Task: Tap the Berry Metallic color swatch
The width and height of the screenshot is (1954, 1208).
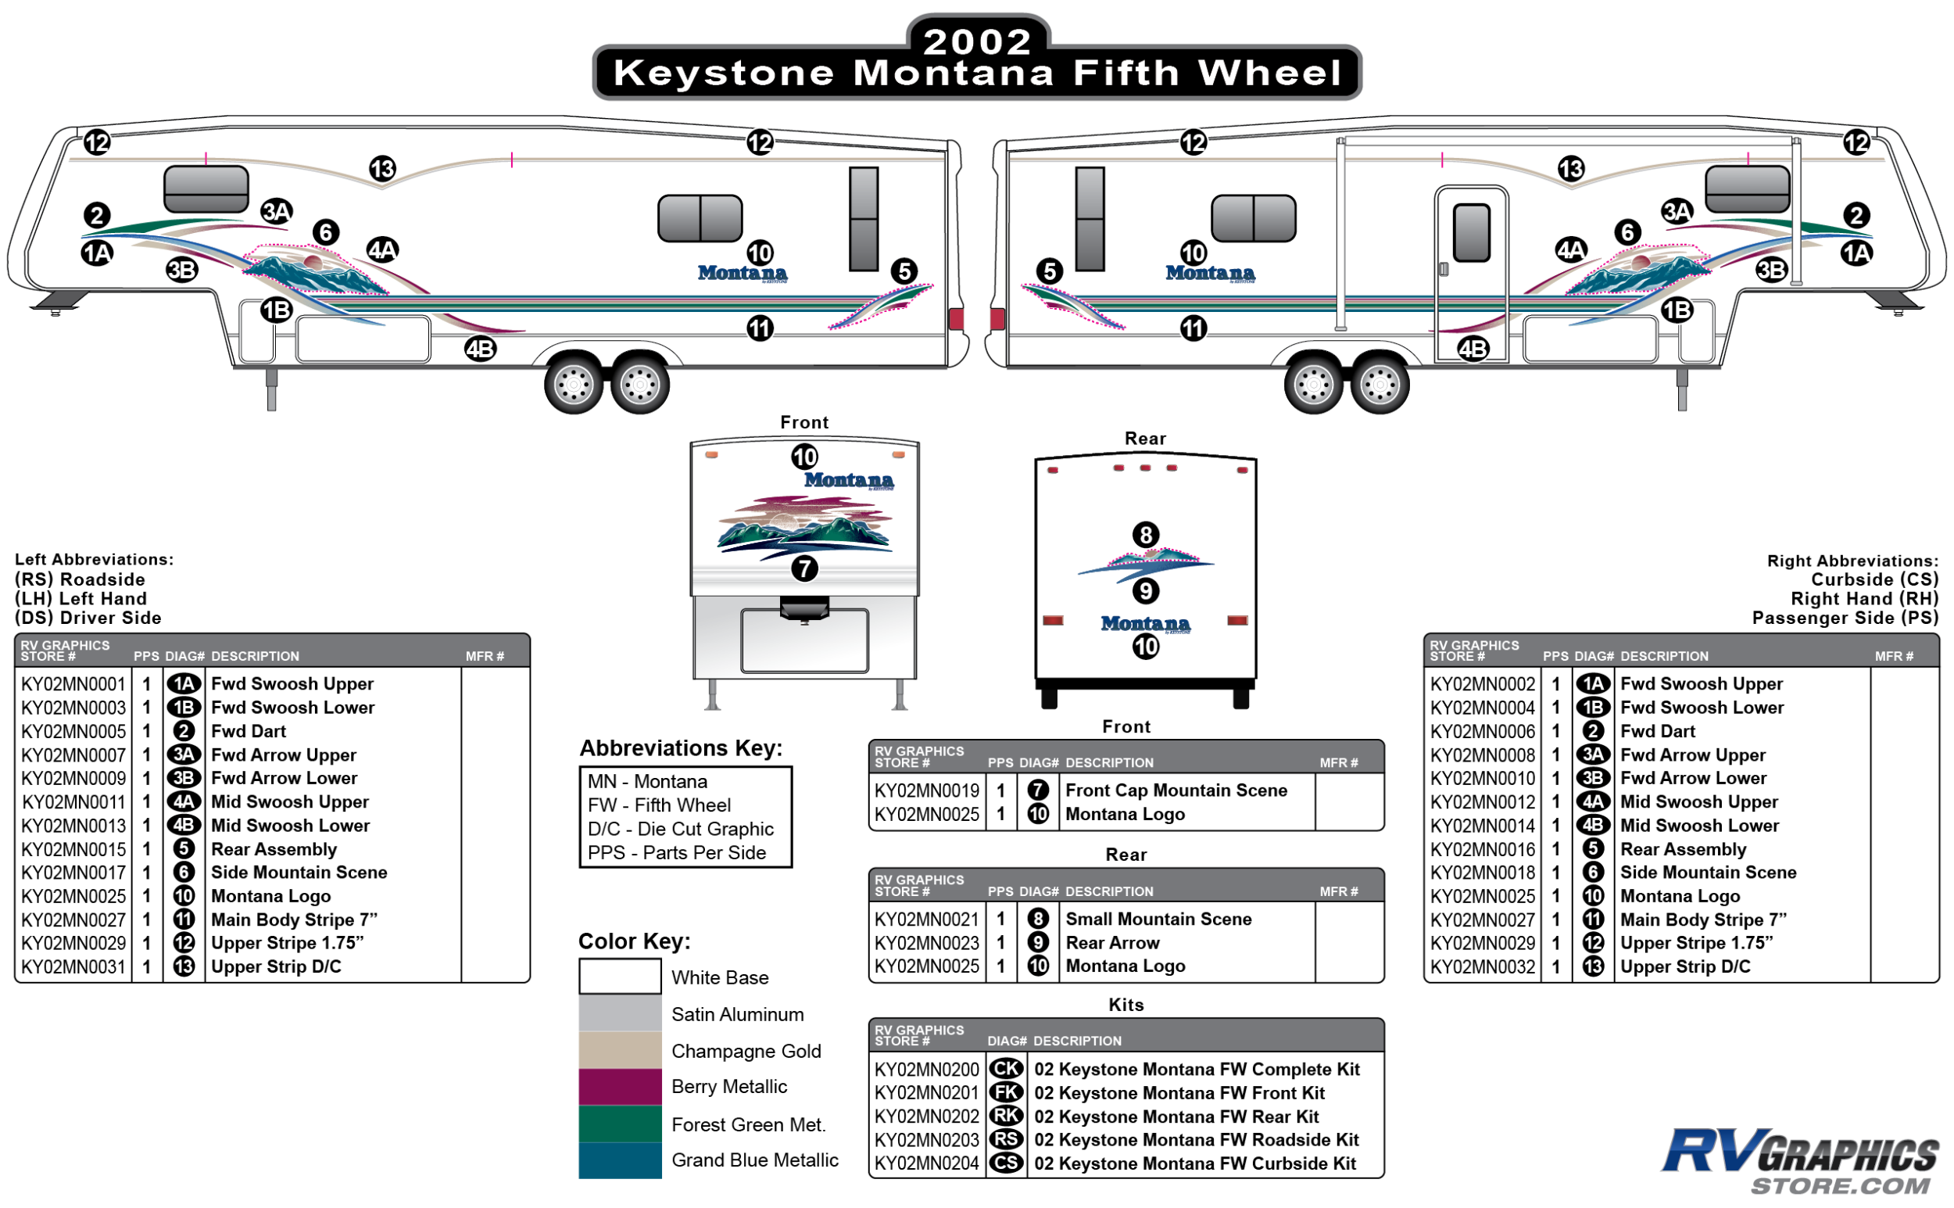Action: point(620,1087)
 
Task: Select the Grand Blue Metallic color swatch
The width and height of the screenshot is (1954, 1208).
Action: point(620,1160)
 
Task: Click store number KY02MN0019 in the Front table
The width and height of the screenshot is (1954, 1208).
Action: point(926,791)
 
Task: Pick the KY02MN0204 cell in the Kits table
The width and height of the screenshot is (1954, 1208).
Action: point(926,1163)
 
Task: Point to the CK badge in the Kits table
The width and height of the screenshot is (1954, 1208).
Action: point(1006,1069)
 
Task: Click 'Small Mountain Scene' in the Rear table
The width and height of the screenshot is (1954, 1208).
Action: point(1158,919)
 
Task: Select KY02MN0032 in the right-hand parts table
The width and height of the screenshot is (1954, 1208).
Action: point(1482,966)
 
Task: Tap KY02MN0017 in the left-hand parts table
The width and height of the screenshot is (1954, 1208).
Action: point(73,873)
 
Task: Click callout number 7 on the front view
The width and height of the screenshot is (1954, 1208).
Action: point(804,569)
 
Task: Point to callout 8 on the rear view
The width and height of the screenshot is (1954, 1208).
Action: point(1145,535)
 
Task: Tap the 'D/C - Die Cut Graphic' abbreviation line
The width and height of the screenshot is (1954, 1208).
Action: point(680,830)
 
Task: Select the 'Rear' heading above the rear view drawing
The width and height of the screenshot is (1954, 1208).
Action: point(1145,439)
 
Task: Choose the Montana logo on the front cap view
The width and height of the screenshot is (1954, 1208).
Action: point(848,480)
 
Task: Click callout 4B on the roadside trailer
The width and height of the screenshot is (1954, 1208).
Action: point(481,349)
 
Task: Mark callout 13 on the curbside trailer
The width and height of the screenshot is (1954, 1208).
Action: point(1571,170)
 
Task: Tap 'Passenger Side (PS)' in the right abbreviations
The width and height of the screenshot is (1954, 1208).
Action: point(1845,618)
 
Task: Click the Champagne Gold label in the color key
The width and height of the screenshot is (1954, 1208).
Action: point(746,1051)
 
